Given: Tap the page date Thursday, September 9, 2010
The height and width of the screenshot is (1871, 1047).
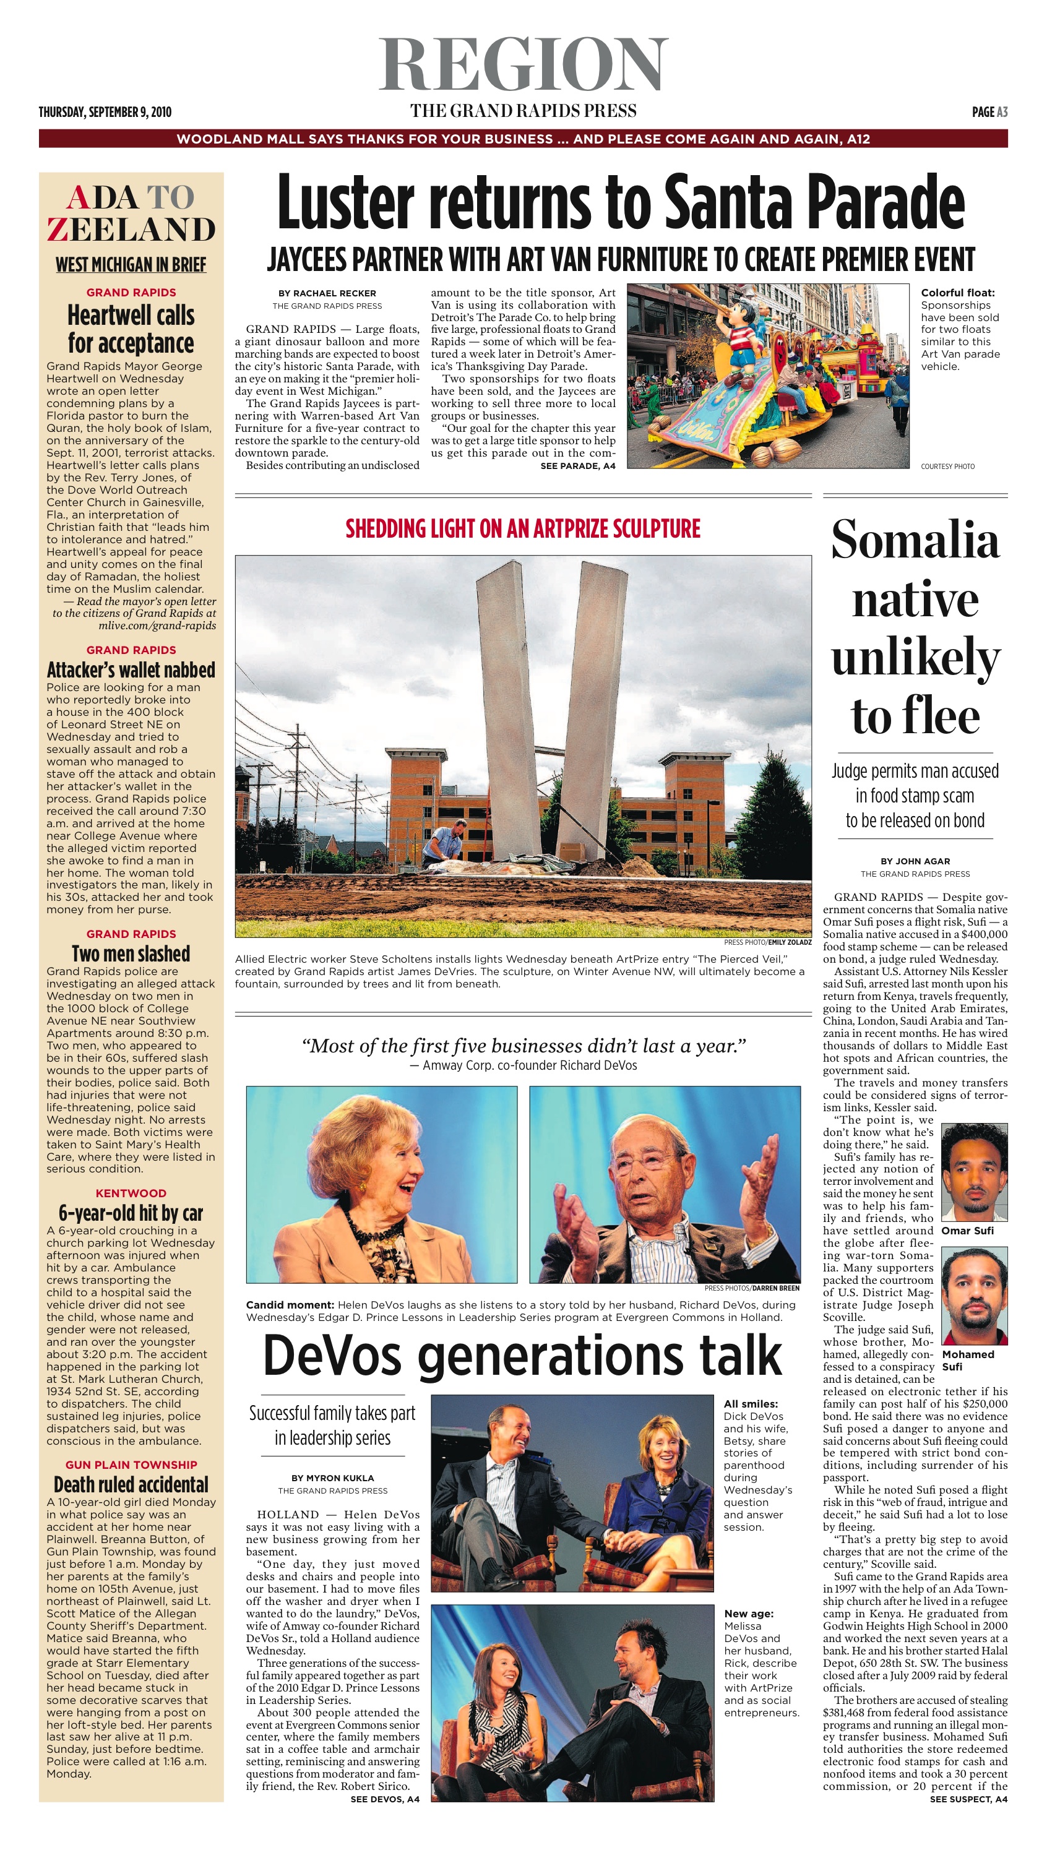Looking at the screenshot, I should [105, 112].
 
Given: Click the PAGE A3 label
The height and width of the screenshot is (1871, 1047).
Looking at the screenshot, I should [989, 112].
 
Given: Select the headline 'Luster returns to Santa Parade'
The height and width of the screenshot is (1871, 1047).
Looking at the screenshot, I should [621, 202].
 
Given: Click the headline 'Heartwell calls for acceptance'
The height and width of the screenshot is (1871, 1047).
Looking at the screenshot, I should [131, 329].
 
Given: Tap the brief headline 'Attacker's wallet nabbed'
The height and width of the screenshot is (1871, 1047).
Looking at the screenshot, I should [131, 669].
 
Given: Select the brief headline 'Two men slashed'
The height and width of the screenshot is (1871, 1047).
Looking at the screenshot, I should [131, 953].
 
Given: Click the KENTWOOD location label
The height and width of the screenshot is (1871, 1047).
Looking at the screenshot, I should [131, 1193].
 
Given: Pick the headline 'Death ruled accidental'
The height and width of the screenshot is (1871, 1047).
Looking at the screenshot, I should [131, 1484].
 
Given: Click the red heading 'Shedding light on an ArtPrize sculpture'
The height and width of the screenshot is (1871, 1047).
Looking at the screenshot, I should [522, 528].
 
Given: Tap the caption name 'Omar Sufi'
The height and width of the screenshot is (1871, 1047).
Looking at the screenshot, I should [967, 1231].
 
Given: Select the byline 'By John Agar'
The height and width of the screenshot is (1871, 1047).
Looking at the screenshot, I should [915, 861].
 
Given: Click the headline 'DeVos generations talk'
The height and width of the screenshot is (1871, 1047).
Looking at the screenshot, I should [522, 1356].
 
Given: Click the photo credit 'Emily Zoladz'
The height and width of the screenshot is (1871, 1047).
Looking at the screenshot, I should [789, 942].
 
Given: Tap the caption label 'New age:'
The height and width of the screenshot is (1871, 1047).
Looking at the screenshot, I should [748, 1613].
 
